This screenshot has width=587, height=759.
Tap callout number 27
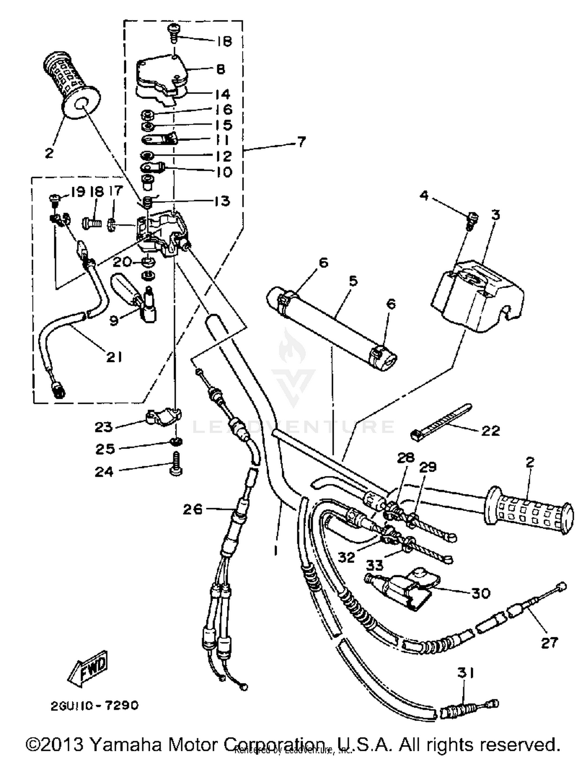click(x=549, y=642)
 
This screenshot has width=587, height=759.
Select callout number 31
click(x=466, y=673)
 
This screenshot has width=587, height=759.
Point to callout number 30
click(x=481, y=593)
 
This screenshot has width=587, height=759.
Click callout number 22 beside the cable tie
click(x=490, y=431)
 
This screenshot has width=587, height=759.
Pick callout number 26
click(x=193, y=509)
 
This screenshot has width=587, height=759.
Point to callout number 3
click(x=495, y=215)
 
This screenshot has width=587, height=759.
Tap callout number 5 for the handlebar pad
click(x=353, y=281)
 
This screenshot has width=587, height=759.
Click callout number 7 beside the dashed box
click(x=301, y=142)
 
